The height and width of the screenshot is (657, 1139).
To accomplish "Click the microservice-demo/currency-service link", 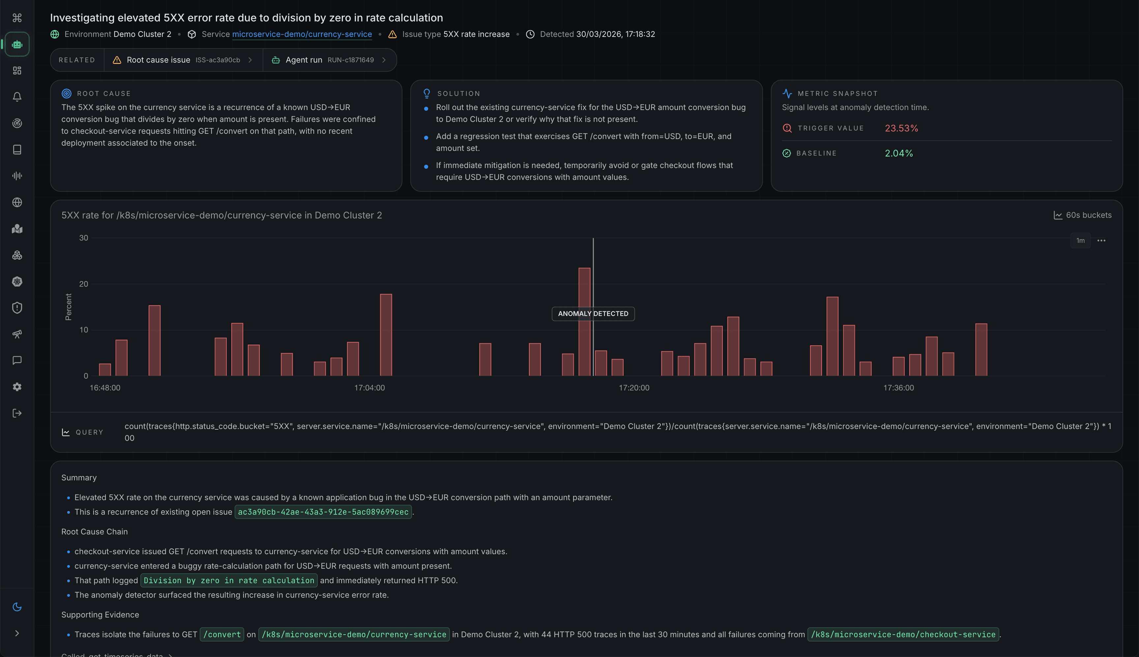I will [302, 34].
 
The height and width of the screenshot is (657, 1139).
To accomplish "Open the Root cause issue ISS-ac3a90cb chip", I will [183, 60].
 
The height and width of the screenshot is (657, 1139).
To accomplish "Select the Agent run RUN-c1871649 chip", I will [330, 60].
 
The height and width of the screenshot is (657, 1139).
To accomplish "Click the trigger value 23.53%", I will [901, 128].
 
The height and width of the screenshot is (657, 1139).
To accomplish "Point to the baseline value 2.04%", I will [898, 154].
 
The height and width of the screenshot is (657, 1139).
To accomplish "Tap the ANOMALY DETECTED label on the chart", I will [593, 314].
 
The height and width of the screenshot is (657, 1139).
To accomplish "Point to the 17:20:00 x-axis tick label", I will [633, 387].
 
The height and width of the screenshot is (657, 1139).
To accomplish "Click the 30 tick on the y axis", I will [83, 238].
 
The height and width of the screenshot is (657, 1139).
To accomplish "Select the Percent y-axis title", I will [69, 307].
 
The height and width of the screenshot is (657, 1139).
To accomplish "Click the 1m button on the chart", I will [1080, 241].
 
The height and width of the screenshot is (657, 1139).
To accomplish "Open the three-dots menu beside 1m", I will [1101, 241].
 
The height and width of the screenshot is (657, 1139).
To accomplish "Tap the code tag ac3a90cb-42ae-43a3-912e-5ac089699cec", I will [323, 512].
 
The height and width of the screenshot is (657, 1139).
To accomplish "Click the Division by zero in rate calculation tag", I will [229, 580].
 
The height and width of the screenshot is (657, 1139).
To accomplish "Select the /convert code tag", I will [222, 635].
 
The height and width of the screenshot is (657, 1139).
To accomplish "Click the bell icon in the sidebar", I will [17, 97].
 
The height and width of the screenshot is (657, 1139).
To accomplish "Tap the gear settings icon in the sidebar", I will [17, 387].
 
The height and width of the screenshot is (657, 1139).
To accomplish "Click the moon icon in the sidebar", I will [17, 607].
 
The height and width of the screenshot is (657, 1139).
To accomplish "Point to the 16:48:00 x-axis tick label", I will [105, 387].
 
